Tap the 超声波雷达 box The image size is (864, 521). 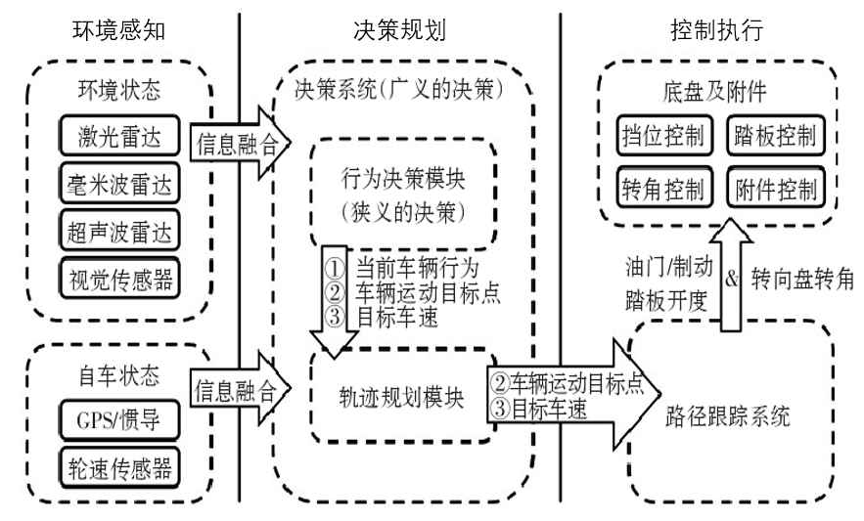pyautogui.click(x=116, y=234)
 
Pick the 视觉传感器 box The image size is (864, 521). pyautogui.click(x=116, y=281)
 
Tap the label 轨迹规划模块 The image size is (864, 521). pyautogui.click(x=391, y=396)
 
